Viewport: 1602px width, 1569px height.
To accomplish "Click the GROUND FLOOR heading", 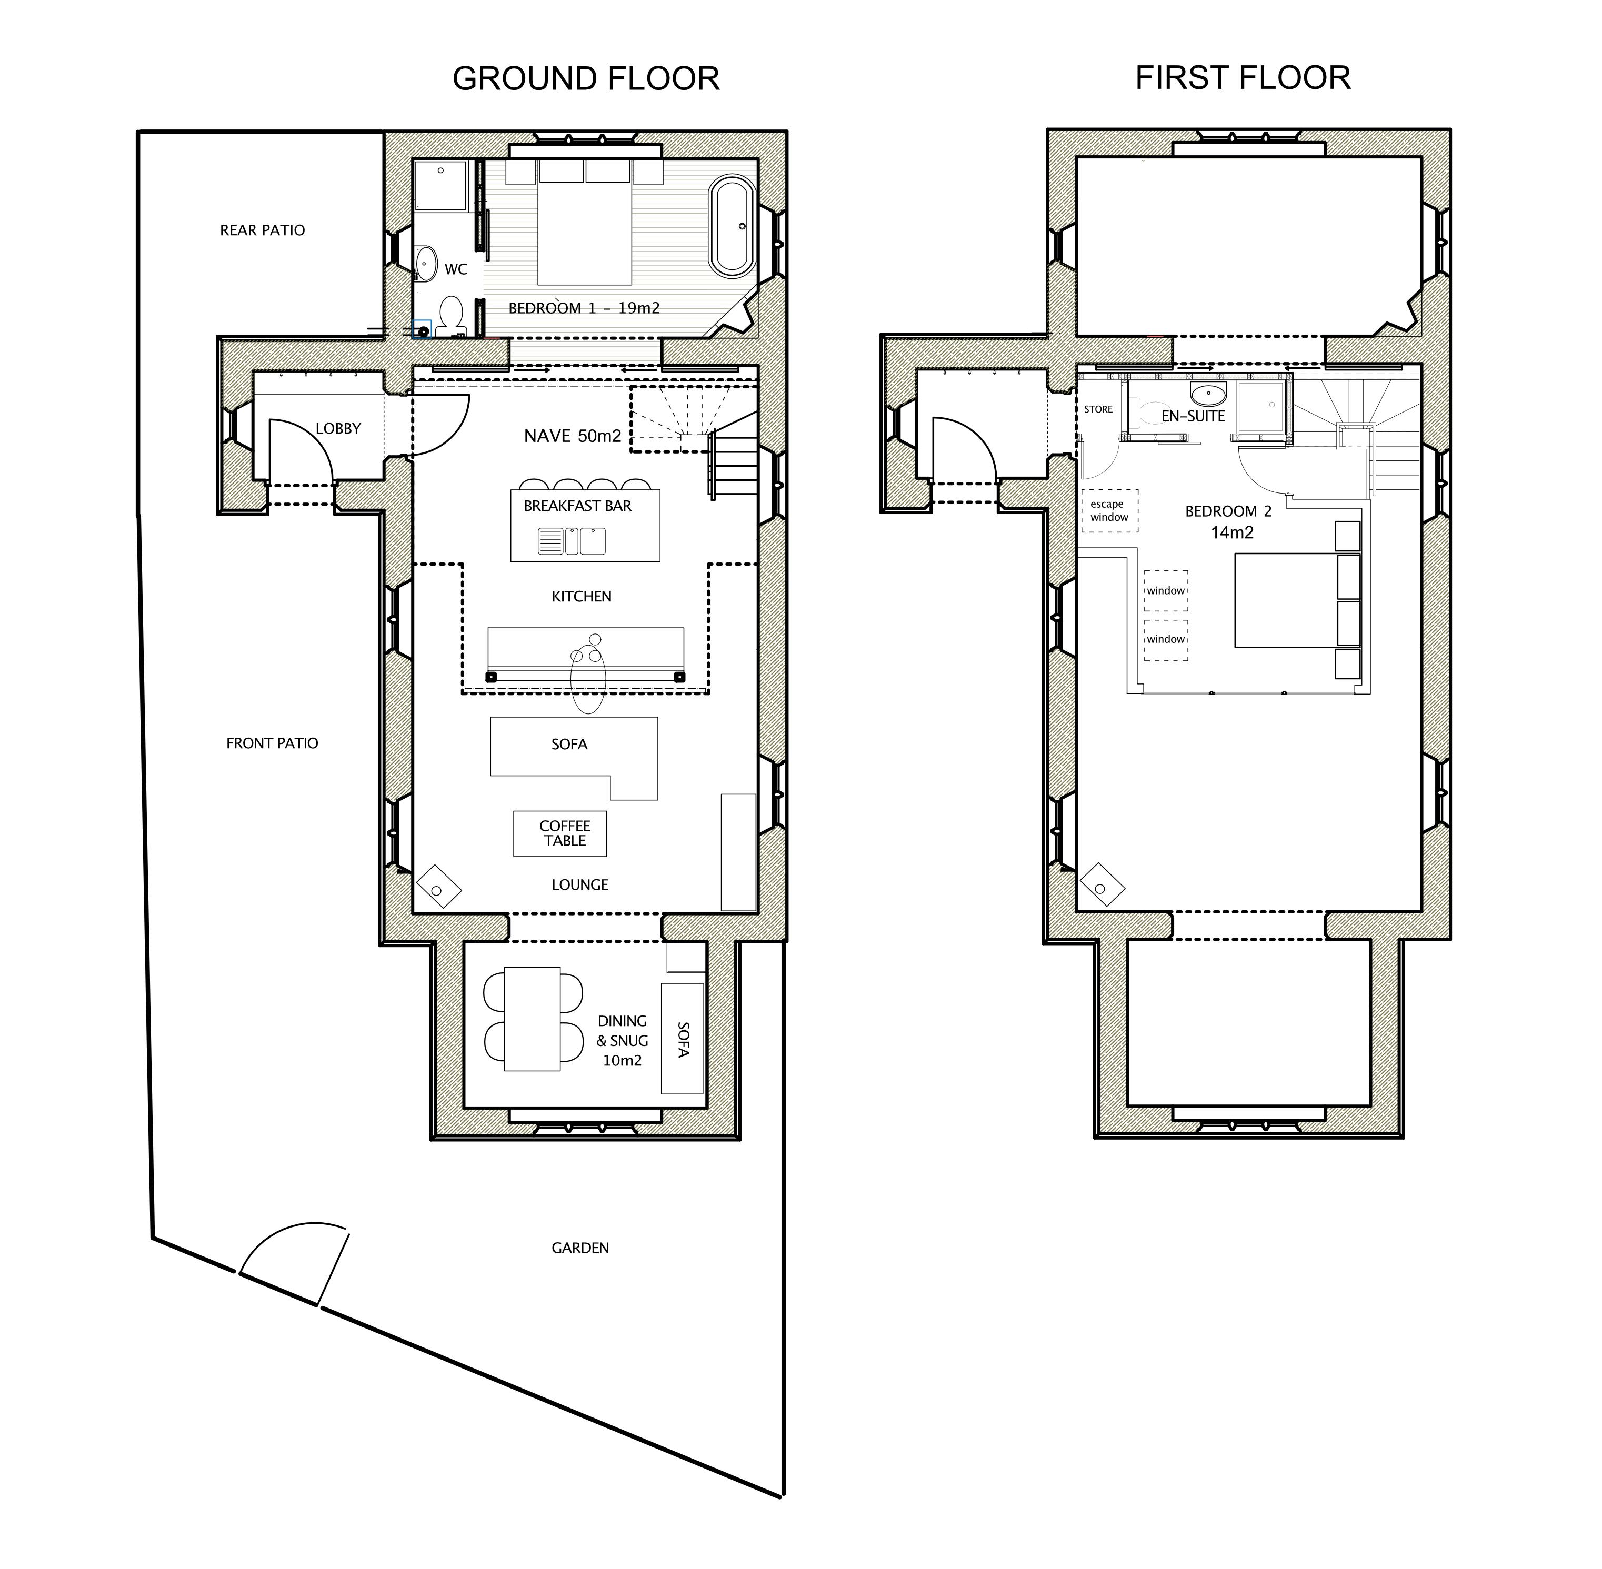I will (586, 79).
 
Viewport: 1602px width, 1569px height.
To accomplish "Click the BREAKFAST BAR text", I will (578, 506).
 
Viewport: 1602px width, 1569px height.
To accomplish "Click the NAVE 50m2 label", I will (573, 436).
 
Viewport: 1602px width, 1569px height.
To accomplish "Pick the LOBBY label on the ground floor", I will (338, 428).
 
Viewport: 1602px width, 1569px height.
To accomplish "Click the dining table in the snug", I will (533, 1019).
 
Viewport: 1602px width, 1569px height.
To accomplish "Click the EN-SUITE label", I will (1193, 416).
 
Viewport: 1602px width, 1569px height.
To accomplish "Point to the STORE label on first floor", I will (1098, 409).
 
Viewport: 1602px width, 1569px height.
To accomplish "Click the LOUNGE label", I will (580, 885).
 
